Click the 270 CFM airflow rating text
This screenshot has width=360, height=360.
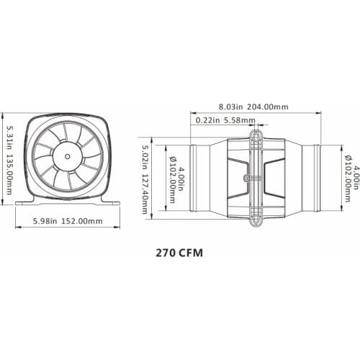(180, 253)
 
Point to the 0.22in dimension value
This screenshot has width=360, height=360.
(207, 120)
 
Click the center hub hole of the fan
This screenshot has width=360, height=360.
(67, 155)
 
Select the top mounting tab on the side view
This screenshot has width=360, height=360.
(256, 135)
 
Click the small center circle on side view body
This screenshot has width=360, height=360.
(247, 176)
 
